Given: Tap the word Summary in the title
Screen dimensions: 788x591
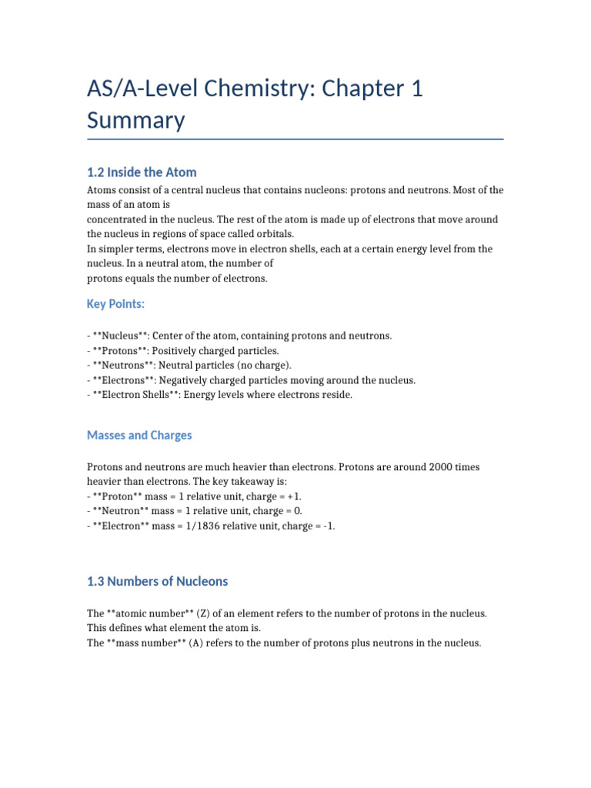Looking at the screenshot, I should pos(135,121).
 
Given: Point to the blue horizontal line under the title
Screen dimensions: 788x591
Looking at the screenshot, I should pos(295,139).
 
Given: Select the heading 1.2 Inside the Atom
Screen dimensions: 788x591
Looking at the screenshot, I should pos(142,172).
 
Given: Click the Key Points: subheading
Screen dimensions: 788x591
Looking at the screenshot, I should pos(115,304).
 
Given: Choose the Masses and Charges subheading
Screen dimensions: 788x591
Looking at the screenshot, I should pos(139,436).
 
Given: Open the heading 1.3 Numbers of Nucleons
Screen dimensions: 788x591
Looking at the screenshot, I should pos(157,581).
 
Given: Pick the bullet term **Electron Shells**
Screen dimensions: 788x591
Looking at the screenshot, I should pos(139,395).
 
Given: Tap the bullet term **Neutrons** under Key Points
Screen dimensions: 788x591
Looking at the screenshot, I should pos(122,366).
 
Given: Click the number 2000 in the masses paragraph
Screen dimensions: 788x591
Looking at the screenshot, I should pos(452,468).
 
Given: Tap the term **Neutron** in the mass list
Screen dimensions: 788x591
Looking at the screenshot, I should pos(122,512).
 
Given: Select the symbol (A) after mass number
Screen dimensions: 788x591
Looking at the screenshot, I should pos(198,643).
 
